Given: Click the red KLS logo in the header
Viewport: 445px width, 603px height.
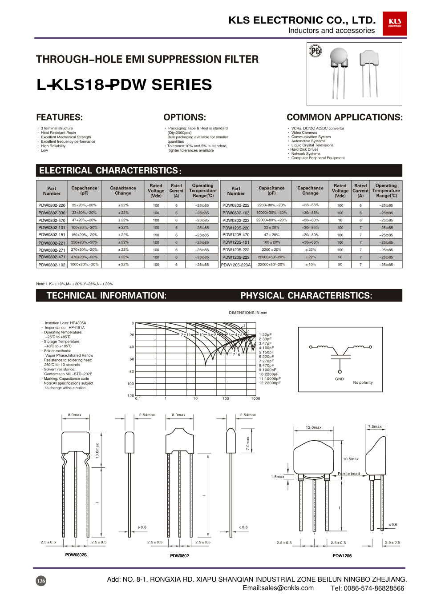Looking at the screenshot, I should pyautogui.click(x=394, y=23).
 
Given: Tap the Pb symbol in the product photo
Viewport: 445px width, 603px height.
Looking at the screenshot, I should pyautogui.click(x=315, y=51).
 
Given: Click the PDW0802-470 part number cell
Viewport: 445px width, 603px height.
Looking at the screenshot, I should pyautogui.click(x=52, y=220).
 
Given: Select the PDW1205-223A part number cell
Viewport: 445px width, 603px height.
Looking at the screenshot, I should pyautogui.click(x=236, y=265).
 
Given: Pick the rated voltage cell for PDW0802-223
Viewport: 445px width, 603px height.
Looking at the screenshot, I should pyautogui.click(x=340, y=220).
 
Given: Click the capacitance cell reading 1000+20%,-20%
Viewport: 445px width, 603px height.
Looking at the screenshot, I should pyautogui.click(x=84, y=264).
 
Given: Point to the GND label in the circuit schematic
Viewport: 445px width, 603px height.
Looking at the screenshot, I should pyautogui.click(x=340, y=379).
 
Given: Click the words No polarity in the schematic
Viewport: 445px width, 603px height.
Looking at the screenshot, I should pyautogui.click(x=363, y=382).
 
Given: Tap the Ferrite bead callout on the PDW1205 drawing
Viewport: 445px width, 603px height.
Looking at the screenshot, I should pyautogui.click(x=349, y=474).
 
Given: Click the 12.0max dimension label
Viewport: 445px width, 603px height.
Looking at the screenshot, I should pyautogui.click(x=313, y=427).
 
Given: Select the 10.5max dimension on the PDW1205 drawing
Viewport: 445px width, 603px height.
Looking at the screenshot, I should pyautogui.click(x=351, y=459).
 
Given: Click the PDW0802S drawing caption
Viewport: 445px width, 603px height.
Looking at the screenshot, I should pyautogui.click(x=76, y=555).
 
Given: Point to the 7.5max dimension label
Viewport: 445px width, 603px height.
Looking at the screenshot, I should pyautogui.click(x=375, y=426).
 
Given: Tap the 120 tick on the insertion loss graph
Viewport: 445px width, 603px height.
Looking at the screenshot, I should pyautogui.click(x=130, y=395).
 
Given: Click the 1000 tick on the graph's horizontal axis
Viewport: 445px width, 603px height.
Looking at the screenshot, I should pyautogui.click(x=255, y=398).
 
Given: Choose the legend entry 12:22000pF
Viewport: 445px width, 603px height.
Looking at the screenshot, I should pyautogui.click(x=270, y=383).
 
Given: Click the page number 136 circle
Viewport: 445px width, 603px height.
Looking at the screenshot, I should pyautogui.click(x=41, y=581).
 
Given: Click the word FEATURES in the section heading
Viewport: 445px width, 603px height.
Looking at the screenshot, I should pyautogui.click(x=59, y=117).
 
